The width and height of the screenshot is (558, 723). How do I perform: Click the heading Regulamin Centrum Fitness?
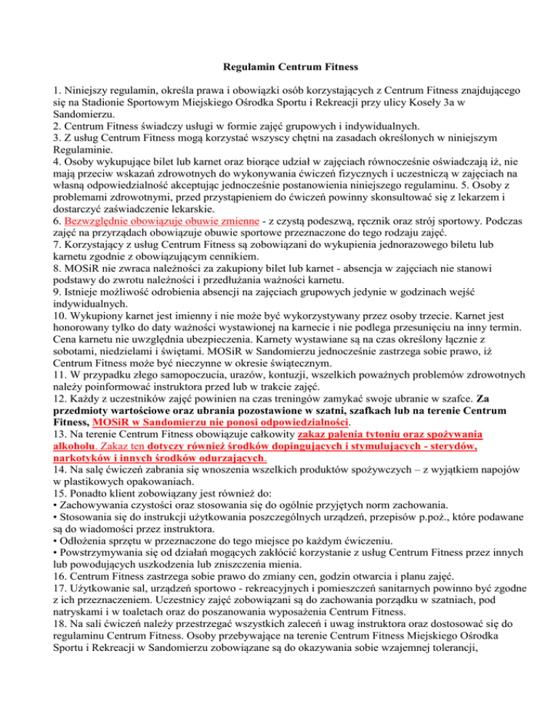pos(278,68)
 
